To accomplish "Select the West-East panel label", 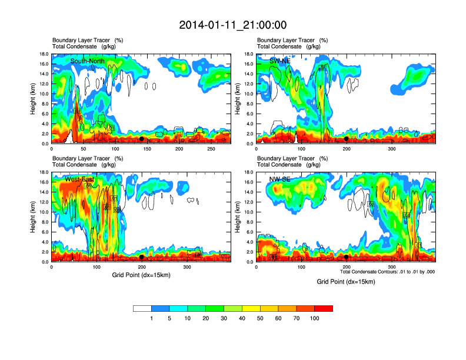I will [79, 179].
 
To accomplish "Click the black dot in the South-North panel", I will [141, 139].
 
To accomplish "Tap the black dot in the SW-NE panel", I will [347, 139].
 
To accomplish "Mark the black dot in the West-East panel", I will [142, 257].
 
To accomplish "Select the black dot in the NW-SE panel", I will [347, 257].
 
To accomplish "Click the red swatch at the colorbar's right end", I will [324, 308].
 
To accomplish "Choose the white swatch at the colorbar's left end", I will [142, 308].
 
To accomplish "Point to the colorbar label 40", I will [242, 318].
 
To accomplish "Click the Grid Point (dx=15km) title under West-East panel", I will [141, 275].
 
